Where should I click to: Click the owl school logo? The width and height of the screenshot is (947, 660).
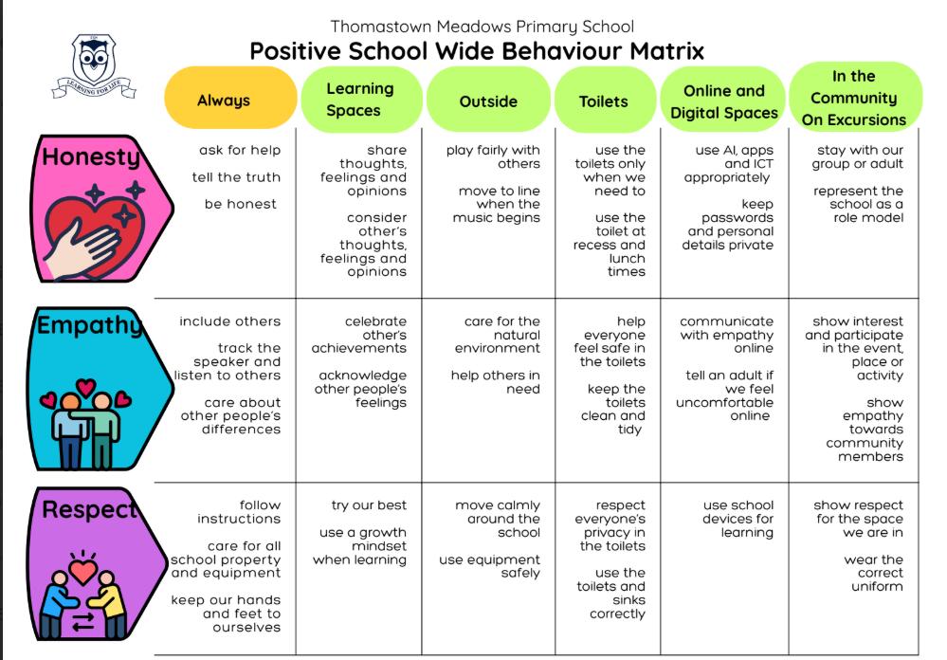point(94,66)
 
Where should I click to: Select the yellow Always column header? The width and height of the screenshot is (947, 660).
point(230,98)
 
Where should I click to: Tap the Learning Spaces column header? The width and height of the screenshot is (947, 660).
point(361,100)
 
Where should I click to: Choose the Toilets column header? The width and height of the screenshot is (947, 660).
point(604,100)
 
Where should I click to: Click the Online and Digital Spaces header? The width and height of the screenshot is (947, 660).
point(723,101)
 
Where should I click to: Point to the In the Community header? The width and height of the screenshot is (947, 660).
point(855,97)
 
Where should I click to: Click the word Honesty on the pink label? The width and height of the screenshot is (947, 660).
point(91,157)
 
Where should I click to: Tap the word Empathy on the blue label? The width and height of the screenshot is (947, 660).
point(90,325)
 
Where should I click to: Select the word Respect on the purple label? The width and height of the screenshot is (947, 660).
point(90,509)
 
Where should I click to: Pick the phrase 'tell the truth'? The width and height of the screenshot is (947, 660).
point(236,177)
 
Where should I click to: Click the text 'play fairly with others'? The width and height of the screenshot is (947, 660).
point(494,156)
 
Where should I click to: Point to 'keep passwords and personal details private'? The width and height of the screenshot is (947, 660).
point(728,224)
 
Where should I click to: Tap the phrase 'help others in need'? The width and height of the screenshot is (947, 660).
point(495,382)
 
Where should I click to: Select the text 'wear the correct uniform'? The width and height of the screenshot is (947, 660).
point(874,573)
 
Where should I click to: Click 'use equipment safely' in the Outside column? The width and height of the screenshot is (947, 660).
point(490,566)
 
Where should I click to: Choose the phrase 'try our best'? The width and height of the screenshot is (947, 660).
point(369,505)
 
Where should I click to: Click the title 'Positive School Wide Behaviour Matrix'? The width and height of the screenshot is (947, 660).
point(477,51)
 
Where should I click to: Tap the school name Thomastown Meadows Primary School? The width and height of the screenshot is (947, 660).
point(482,27)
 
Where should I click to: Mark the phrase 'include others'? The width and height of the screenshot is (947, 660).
point(230,321)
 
